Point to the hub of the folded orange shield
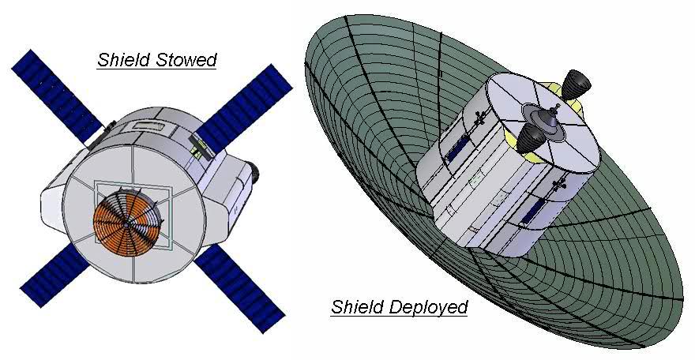coord(128,224)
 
